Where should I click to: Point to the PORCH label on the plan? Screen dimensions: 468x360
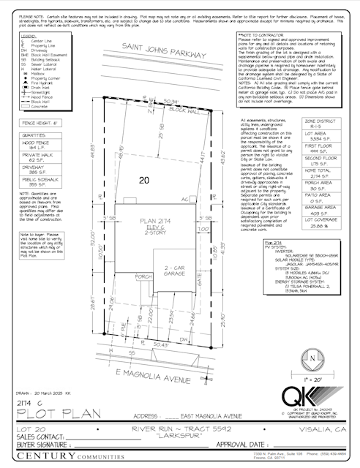143,276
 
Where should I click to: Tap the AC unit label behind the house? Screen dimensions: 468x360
184,198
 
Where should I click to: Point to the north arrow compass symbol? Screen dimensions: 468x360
312,359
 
